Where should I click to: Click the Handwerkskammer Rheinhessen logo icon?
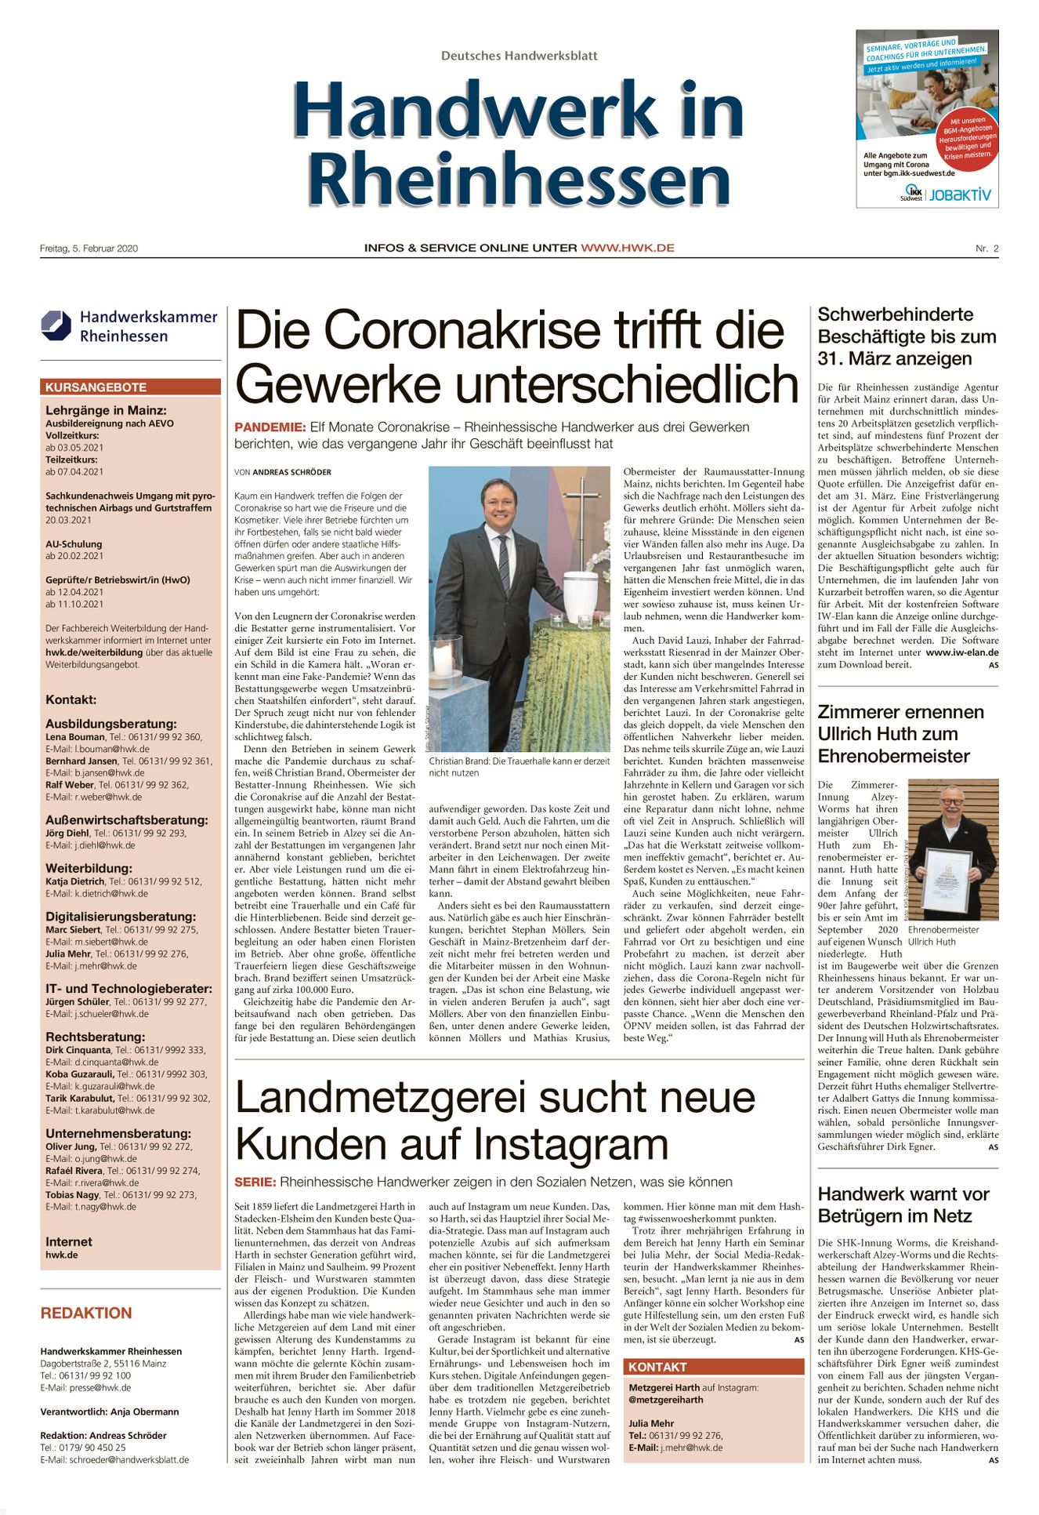(56, 325)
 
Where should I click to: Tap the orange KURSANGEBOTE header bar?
(130, 387)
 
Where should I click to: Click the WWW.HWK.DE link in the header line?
(627, 248)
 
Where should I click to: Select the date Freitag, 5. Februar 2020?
(89, 249)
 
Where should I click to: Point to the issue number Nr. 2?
(987, 249)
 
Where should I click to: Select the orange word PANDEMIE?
(270, 427)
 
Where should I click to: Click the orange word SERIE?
(255, 1182)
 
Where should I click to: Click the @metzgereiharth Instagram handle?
(665, 1399)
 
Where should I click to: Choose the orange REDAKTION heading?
(86, 1313)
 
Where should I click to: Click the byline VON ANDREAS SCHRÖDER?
(283, 472)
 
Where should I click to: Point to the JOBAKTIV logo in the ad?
(960, 194)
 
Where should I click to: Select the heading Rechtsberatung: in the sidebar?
(95, 1037)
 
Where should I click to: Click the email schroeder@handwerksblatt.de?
(129, 1460)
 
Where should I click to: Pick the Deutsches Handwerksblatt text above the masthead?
(519, 56)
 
